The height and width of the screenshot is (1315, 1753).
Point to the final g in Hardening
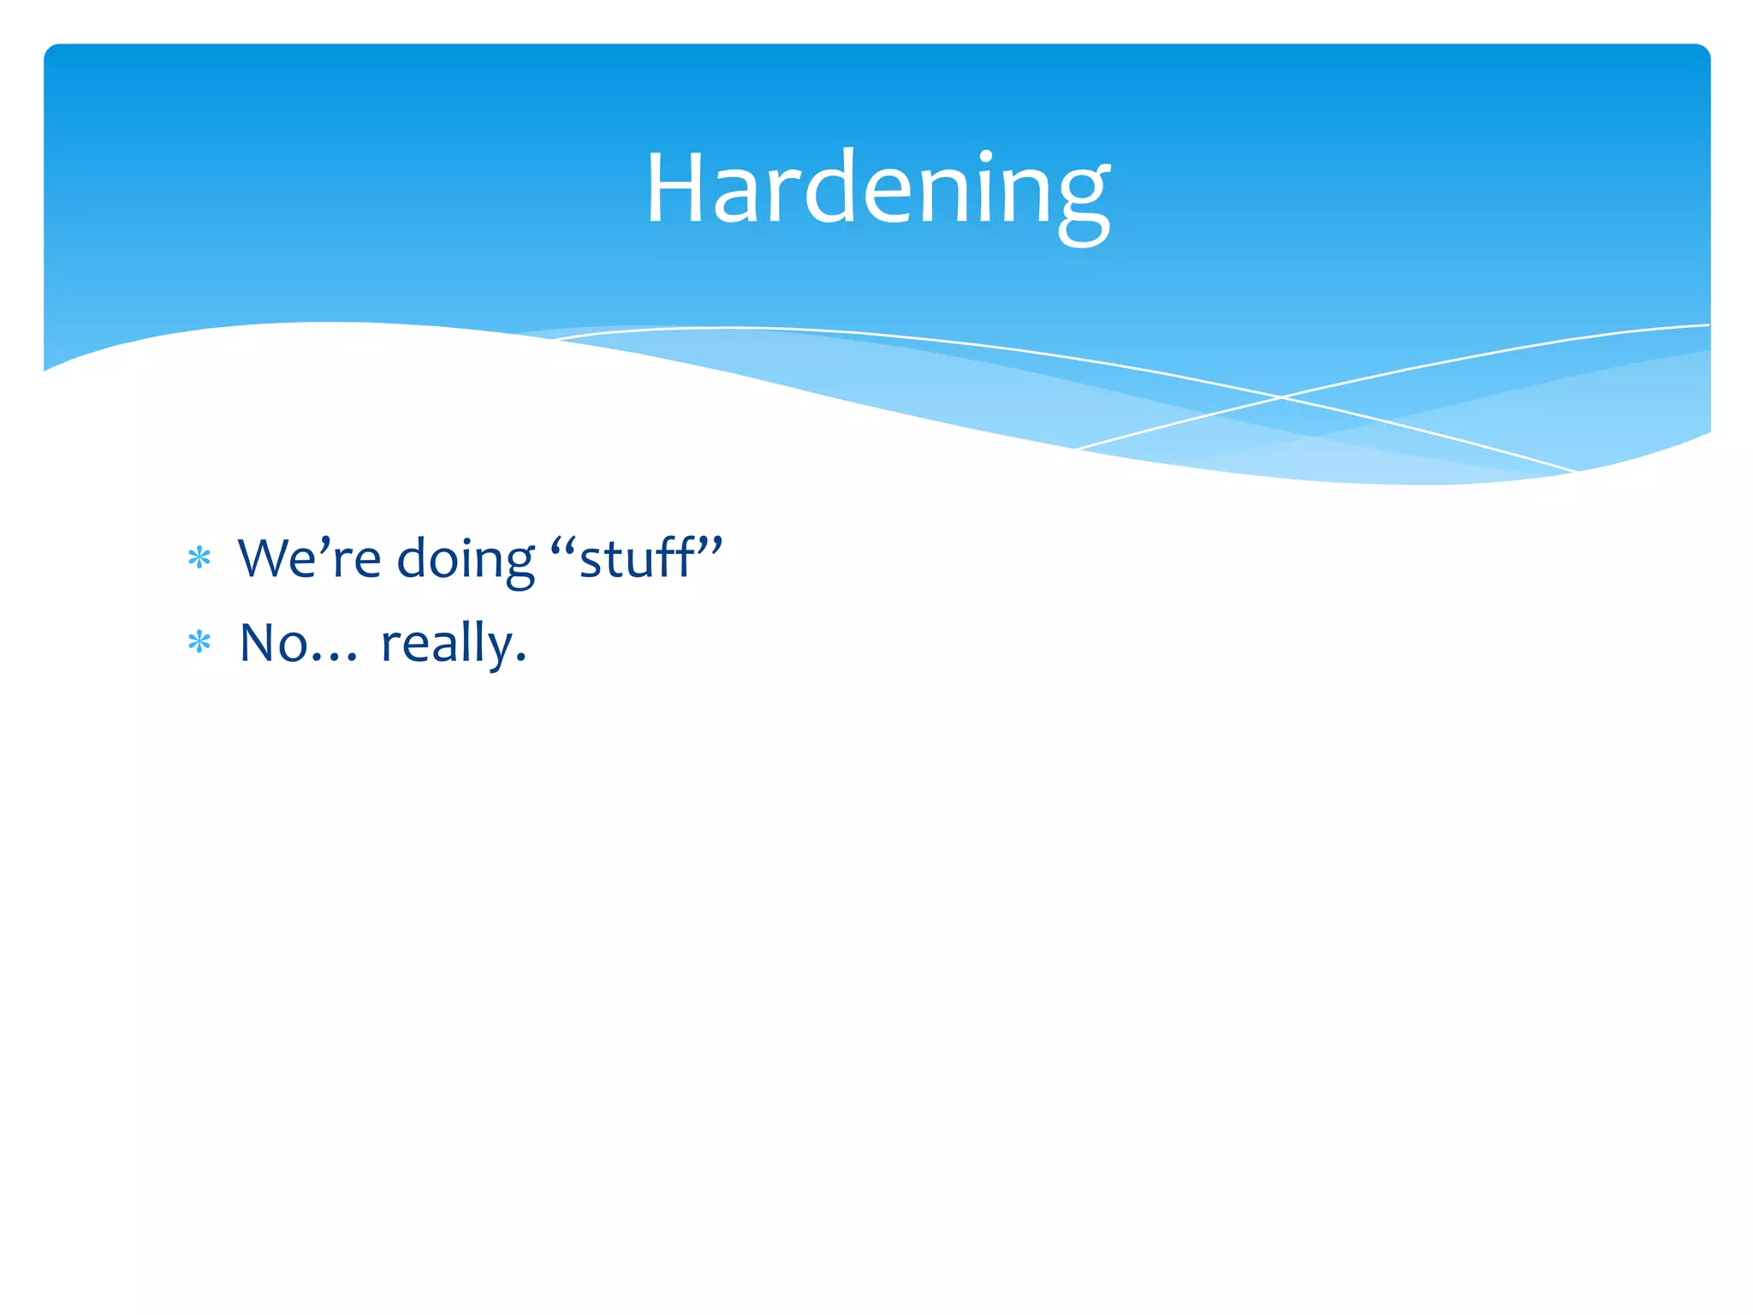tap(1083, 201)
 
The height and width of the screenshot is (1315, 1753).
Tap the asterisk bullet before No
tap(199, 643)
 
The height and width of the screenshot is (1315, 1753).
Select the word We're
tap(309, 558)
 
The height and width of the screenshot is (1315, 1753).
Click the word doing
tap(466, 561)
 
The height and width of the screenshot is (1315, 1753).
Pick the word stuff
tap(636, 558)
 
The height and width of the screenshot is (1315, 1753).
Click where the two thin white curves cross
tap(1281, 397)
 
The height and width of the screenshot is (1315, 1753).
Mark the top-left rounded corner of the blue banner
tap(51, 51)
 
